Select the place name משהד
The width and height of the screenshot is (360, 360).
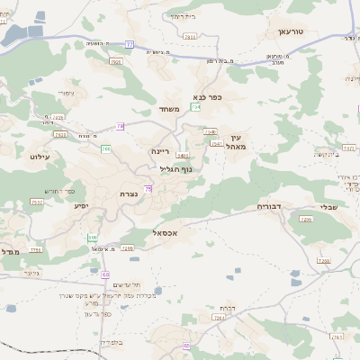coord(170,110)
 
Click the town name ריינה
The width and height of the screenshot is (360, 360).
coord(161,151)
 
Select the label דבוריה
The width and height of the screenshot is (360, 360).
coord(270,206)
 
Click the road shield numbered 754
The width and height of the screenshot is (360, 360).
coord(195,106)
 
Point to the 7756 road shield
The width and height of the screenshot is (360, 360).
coord(36,249)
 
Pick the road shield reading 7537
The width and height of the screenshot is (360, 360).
coord(37,202)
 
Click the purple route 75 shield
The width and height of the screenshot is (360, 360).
coord(148,188)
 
